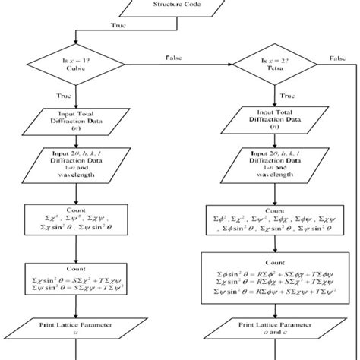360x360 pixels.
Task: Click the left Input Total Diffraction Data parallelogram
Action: tap(75, 119)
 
